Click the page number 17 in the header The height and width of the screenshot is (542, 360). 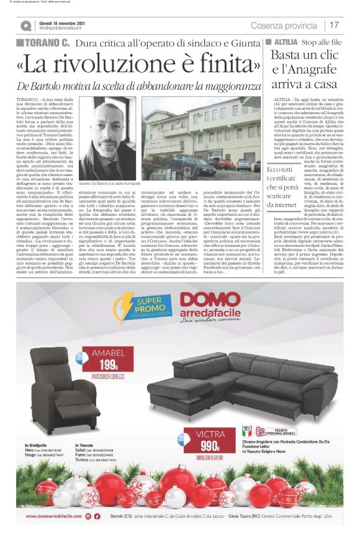pyautogui.click(x=335, y=25)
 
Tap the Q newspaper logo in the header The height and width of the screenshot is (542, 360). pyautogui.click(x=25, y=25)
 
